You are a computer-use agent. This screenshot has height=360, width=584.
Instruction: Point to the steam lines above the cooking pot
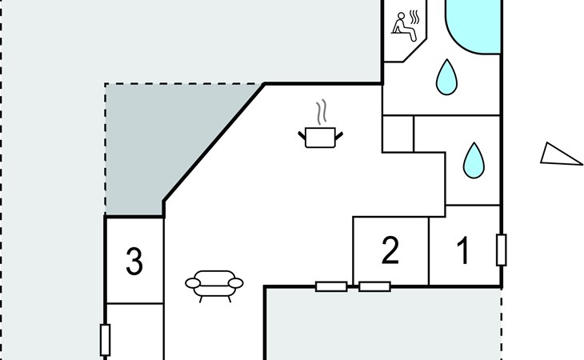[322, 110]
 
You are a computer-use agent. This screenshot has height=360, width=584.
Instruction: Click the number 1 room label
[463, 251]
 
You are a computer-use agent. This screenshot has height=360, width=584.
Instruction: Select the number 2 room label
[390, 251]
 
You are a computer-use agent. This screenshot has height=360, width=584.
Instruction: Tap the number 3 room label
[134, 262]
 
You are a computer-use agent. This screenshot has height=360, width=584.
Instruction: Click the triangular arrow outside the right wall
[560, 154]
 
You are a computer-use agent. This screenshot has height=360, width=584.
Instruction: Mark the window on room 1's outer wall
[502, 250]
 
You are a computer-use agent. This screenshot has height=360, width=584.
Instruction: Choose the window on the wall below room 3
[105, 339]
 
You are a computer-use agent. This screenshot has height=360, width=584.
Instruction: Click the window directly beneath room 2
[374, 286]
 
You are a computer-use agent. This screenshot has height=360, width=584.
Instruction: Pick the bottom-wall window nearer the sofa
[331, 286]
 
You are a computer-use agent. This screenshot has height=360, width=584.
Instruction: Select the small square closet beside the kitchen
[398, 134]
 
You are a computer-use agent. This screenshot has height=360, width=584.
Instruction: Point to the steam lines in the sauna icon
[414, 16]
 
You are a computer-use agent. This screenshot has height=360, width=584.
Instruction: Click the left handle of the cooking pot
[302, 134]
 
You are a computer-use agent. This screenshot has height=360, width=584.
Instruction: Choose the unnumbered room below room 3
[134, 332]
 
